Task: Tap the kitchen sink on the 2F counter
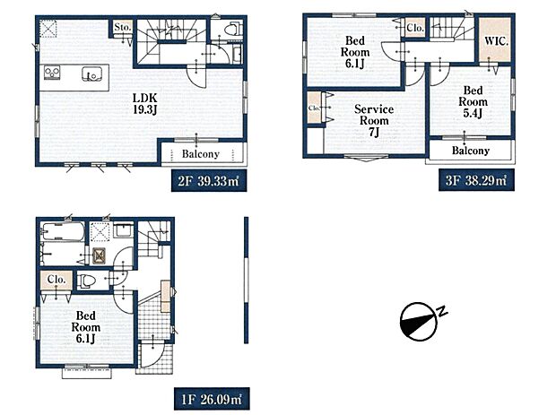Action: click(91, 73)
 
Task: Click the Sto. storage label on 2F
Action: click(123, 28)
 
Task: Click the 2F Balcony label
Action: click(202, 152)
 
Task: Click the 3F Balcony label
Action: click(470, 151)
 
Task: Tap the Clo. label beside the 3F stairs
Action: click(414, 28)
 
